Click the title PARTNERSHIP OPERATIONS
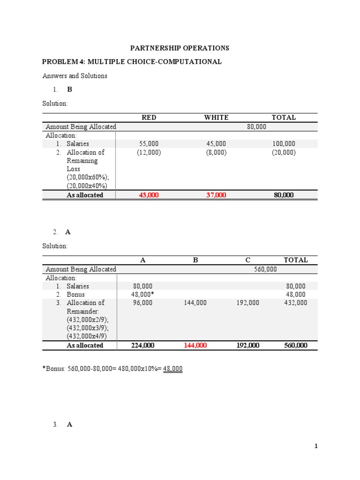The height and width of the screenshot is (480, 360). pos(180,48)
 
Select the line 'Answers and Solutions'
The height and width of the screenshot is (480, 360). pos(75,75)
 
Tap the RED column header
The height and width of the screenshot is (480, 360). pos(149,118)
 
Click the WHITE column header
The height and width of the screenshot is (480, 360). pos(216,118)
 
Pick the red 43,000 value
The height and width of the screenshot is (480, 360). pos(149,195)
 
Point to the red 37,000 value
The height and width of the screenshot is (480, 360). pos(216,195)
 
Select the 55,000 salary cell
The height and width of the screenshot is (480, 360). pos(149,144)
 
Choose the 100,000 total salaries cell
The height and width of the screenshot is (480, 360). pos(284,144)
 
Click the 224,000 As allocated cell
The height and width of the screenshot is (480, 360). pos(142,345)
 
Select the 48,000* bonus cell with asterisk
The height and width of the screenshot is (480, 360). pos(142,294)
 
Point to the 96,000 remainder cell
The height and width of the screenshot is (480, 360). pos(142,303)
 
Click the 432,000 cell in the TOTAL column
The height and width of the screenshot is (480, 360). pos(296,303)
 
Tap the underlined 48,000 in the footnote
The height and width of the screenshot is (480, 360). pos(172,369)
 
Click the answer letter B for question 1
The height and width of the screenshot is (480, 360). pos(70,89)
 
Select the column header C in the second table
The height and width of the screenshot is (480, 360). pos(247,260)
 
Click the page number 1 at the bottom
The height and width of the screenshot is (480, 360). pos(316,446)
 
